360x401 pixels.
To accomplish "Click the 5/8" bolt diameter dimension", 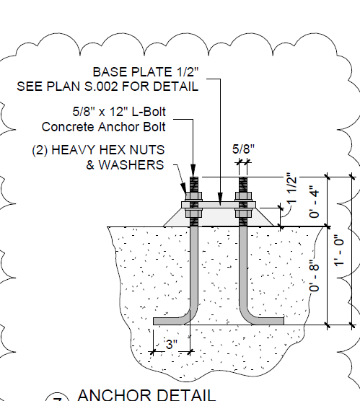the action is click(x=243, y=149).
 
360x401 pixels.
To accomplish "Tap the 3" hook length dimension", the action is click(x=172, y=345).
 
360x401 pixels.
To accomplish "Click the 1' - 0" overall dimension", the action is click(x=340, y=251).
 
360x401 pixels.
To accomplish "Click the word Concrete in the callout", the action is click(x=68, y=127).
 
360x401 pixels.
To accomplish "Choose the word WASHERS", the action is click(x=131, y=165).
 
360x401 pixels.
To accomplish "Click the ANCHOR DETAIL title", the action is click(x=146, y=395).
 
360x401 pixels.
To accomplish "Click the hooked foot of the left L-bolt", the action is click(x=170, y=321).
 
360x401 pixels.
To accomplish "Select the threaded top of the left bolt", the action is click(x=194, y=185).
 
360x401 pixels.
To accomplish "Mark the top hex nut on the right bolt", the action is click(x=243, y=196).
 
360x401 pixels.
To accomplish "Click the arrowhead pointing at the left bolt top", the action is click(x=193, y=170).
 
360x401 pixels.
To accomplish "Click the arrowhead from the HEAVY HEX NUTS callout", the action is click(x=183, y=188).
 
